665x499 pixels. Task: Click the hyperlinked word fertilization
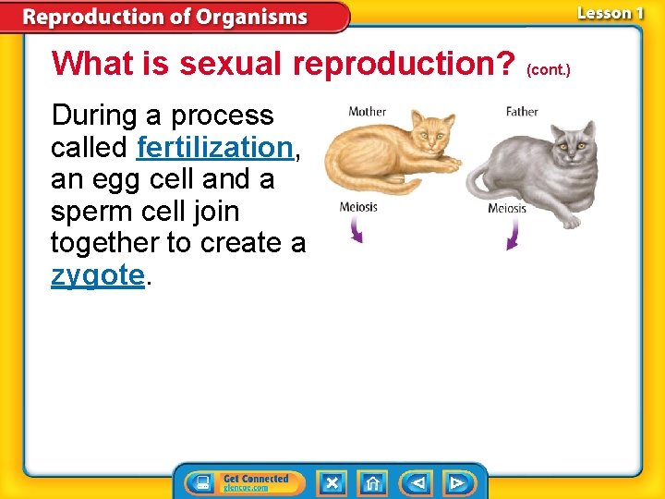coord(213,147)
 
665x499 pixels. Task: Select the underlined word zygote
coord(98,275)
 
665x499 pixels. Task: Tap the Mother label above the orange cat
coord(367,112)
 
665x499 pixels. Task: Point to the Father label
coord(522,112)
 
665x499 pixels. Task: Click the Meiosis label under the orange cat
coord(358,207)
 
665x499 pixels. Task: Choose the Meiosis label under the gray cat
coord(507,208)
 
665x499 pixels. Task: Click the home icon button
coord(372,482)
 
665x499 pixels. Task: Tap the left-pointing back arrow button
coord(417,482)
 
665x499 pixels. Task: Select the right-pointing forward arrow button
coord(457,482)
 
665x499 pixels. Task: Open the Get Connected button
coord(242,482)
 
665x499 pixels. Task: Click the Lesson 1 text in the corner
coord(610,13)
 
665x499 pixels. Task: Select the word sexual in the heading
coord(232,64)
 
